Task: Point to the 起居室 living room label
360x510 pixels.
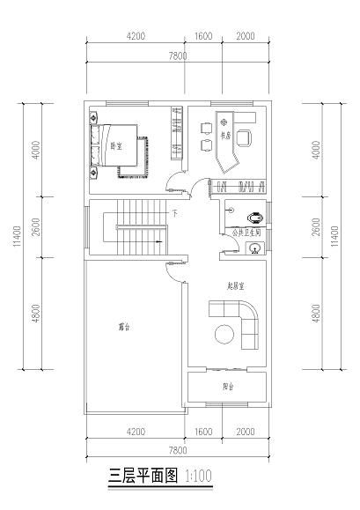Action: [x=234, y=285]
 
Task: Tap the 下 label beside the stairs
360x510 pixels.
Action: [x=174, y=213]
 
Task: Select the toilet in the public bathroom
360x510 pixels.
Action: [x=254, y=214]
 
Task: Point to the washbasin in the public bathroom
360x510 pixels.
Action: [x=253, y=248]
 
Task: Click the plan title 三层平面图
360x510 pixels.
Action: [x=143, y=477]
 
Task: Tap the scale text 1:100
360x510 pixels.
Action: [x=198, y=477]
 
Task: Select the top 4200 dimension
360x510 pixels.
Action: [x=136, y=36]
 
